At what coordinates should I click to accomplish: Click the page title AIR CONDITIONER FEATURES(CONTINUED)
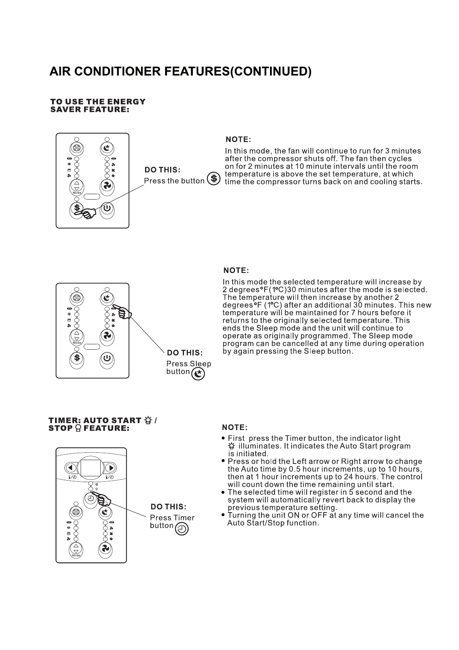click(x=180, y=72)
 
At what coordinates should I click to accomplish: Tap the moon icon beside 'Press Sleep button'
click(x=198, y=374)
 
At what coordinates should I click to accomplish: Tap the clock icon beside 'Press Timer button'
click(x=182, y=529)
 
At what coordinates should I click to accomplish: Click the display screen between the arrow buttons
click(x=91, y=468)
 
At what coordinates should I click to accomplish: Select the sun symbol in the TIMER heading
click(x=148, y=420)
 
